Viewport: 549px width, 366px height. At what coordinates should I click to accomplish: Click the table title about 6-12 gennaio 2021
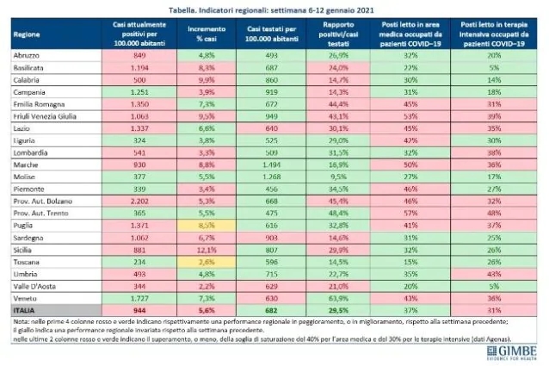[x=274, y=9]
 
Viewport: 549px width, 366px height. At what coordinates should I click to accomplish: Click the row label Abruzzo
[x=28, y=53]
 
